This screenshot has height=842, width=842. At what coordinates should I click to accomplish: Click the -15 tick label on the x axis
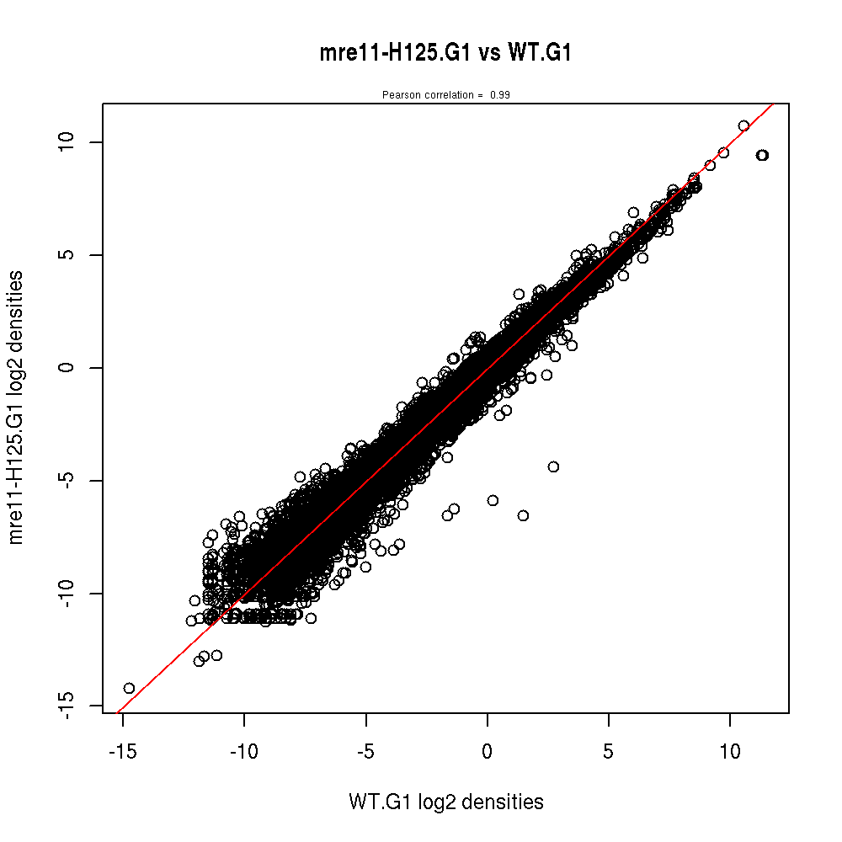(122, 749)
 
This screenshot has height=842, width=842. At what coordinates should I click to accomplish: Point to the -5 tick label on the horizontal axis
(365, 749)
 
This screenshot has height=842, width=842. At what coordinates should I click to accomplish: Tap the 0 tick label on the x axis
(487, 749)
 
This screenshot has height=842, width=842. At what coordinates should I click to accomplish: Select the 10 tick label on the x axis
(729, 749)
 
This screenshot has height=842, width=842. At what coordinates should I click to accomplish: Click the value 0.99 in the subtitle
(500, 95)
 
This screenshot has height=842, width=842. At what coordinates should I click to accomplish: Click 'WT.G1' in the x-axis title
(374, 802)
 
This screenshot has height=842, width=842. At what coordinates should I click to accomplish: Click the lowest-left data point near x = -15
(129, 688)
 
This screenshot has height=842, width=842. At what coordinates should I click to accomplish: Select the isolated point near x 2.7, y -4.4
(553, 466)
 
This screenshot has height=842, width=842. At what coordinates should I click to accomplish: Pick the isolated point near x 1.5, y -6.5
(523, 515)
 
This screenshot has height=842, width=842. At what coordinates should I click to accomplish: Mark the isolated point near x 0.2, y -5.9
(493, 500)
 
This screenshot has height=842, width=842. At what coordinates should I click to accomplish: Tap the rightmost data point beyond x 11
(763, 155)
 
